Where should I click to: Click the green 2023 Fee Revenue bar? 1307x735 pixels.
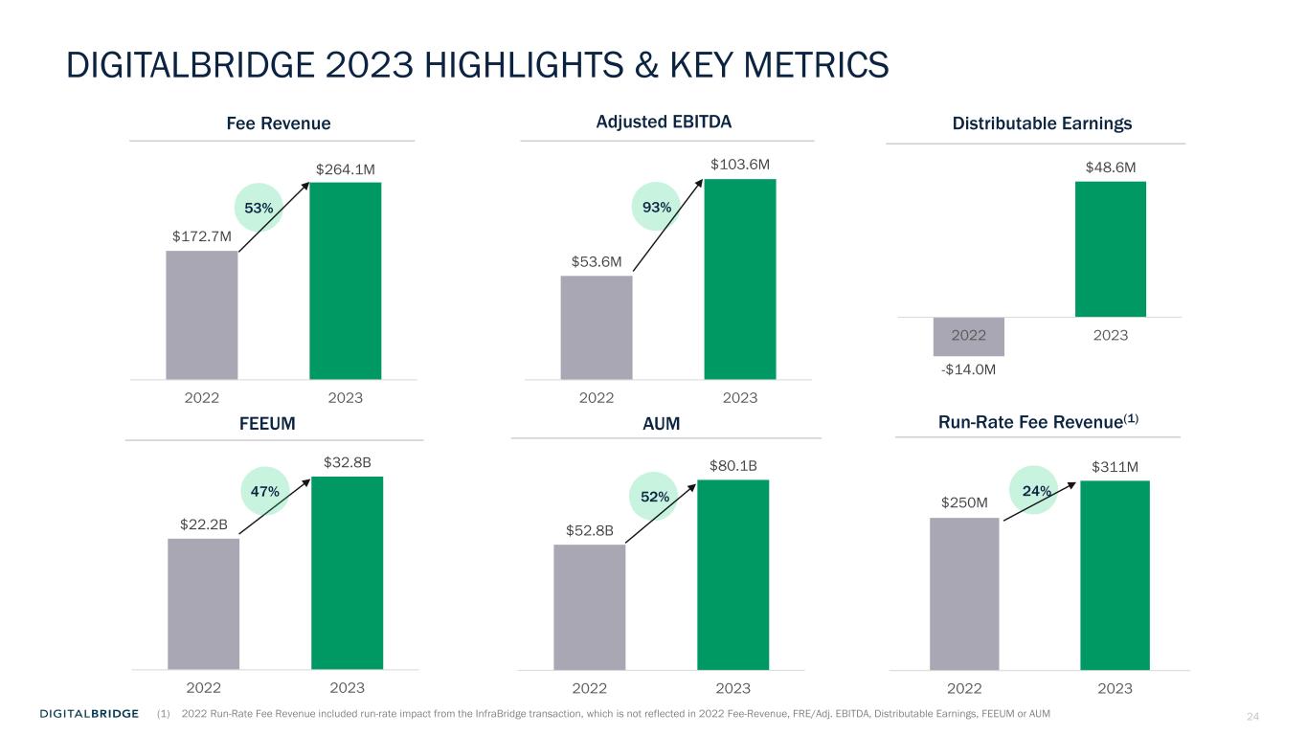click(345, 280)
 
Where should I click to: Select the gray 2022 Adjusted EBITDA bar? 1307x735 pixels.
click(597, 327)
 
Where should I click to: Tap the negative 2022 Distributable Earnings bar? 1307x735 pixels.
click(968, 336)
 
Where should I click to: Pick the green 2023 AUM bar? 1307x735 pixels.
click(732, 574)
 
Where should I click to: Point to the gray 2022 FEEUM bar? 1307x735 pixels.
click(203, 603)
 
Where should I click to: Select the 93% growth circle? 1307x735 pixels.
click(655, 207)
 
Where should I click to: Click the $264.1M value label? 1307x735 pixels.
click(346, 169)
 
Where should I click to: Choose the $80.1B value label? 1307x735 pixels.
click(732, 466)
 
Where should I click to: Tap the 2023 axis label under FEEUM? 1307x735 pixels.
click(347, 687)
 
